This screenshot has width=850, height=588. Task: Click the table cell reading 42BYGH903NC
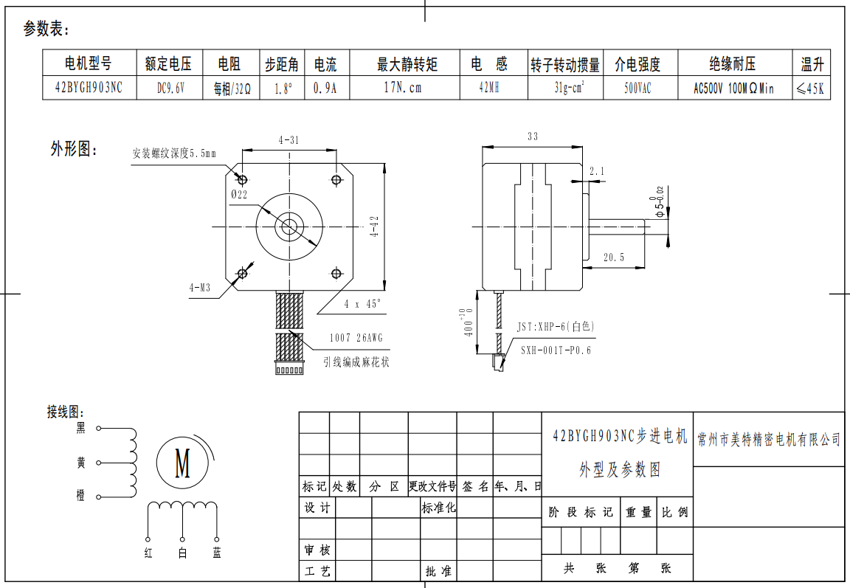[89, 88]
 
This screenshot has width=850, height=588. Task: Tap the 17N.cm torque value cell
[403, 88]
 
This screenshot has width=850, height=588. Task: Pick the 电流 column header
[325, 64]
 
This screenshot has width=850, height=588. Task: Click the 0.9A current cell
[325, 88]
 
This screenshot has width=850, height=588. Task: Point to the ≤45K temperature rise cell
[811, 89]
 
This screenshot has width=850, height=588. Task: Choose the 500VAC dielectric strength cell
[638, 88]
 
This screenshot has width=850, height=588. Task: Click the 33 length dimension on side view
[533, 136]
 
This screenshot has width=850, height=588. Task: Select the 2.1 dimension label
[597, 171]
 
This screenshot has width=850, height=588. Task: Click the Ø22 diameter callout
[238, 194]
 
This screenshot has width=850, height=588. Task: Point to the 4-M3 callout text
[199, 288]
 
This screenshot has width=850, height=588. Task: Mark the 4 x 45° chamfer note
[363, 303]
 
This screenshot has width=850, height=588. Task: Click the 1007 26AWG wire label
[356, 339]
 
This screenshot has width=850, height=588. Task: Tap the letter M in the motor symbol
[182, 463]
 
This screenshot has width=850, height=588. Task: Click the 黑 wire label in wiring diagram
[81, 428]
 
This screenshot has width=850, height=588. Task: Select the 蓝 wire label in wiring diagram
[216, 553]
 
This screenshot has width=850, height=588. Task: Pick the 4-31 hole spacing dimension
[288, 139]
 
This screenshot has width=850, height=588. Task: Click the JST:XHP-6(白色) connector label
[555, 326]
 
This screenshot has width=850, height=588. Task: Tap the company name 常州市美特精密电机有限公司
[769, 440]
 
